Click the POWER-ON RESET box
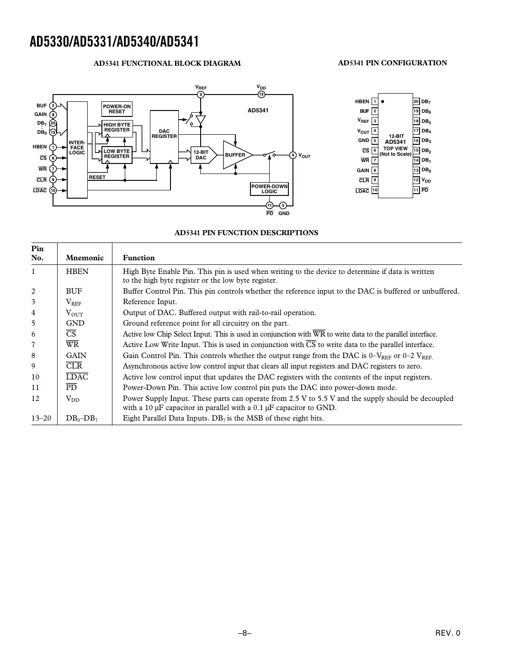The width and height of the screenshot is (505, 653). (117, 109)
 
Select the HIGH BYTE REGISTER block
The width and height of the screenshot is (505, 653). (117, 127)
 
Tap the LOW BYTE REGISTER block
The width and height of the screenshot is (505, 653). (117, 154)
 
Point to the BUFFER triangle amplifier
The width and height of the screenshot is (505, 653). (236, 155)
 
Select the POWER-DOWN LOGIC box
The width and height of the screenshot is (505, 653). (269, 189)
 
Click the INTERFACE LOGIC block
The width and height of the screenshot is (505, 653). (77, 148)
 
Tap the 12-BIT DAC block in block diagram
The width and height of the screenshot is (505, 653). (201, 155)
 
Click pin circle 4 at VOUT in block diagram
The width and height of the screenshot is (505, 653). (293, 155)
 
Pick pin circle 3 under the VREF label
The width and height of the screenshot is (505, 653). (201, 95)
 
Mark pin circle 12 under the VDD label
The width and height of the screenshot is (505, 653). (261, 95)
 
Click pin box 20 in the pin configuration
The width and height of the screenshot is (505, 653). (416, 101)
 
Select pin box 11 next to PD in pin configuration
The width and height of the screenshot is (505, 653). (416, 190)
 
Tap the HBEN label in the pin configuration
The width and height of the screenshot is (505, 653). (362, 102)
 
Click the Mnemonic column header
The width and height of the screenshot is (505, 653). (85, 258)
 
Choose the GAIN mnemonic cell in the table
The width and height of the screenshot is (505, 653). (76, 355)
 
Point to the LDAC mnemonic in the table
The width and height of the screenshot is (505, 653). (77, 377)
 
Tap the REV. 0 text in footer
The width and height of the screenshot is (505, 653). (448, 633)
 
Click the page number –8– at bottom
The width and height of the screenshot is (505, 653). (245, 633)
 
